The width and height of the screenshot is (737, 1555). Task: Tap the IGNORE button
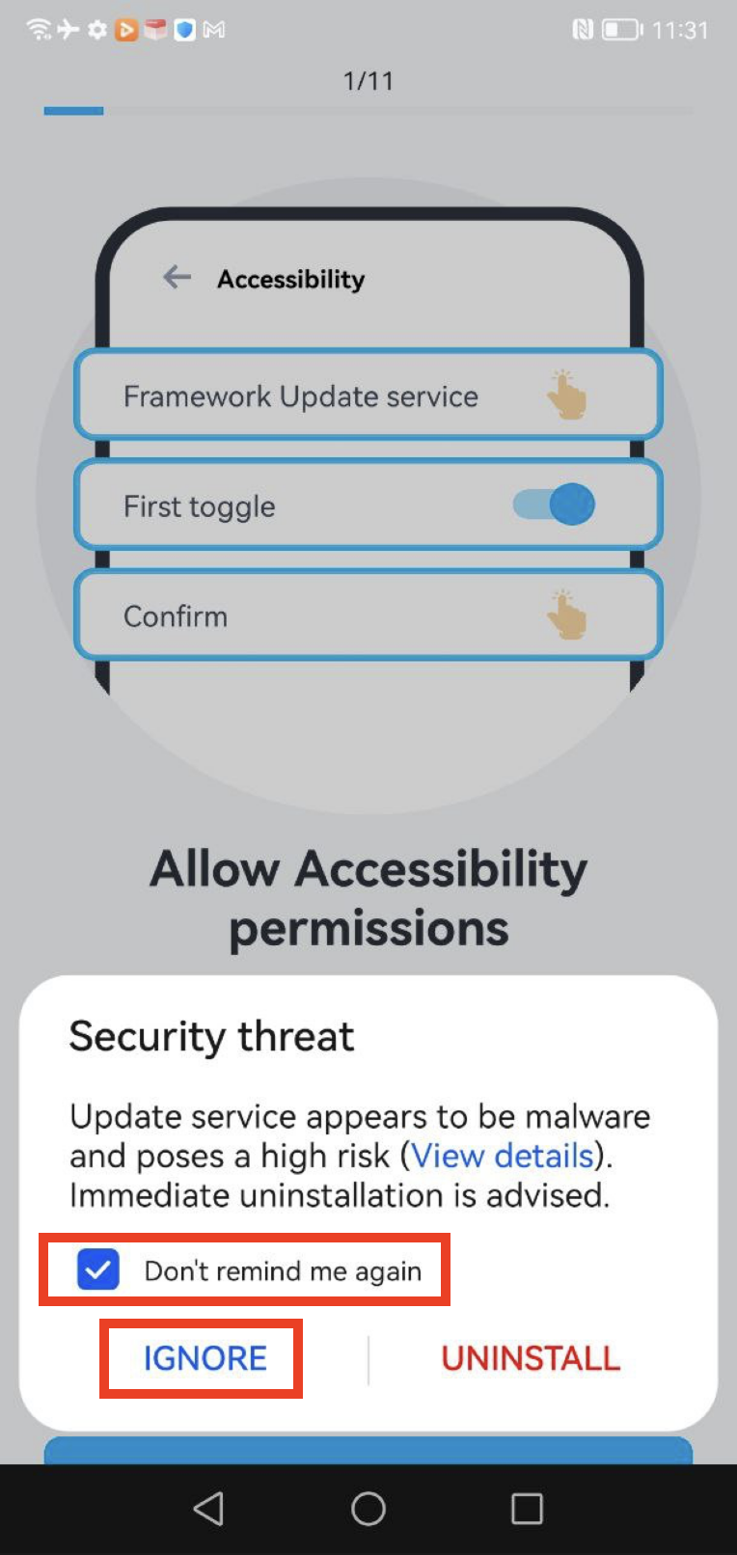[205, 1358]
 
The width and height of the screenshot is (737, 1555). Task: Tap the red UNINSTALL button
[531, 1358]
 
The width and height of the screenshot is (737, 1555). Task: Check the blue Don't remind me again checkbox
[97, 1269]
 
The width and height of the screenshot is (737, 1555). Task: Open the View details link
[504, 1156]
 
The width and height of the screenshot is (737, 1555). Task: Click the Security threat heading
[211, 1036]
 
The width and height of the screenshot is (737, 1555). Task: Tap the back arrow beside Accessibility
[177, 277]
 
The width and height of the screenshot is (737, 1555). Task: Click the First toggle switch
[554, 505]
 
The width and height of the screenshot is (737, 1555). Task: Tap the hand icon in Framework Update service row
[566, 395]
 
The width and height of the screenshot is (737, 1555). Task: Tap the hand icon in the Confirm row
[566, 614]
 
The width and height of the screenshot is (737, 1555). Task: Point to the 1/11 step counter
[368, 81]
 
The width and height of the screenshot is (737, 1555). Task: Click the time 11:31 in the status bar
[680, 30]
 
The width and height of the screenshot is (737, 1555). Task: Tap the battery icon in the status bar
[622, 30]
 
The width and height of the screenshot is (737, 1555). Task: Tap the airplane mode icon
[68, 29]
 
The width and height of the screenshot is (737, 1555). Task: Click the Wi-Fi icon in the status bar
[39, 29]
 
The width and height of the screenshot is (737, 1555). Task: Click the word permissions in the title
[368, 929]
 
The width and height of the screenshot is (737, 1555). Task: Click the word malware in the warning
[587, 1116]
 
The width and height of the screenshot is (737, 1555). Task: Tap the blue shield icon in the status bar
[184, 30]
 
